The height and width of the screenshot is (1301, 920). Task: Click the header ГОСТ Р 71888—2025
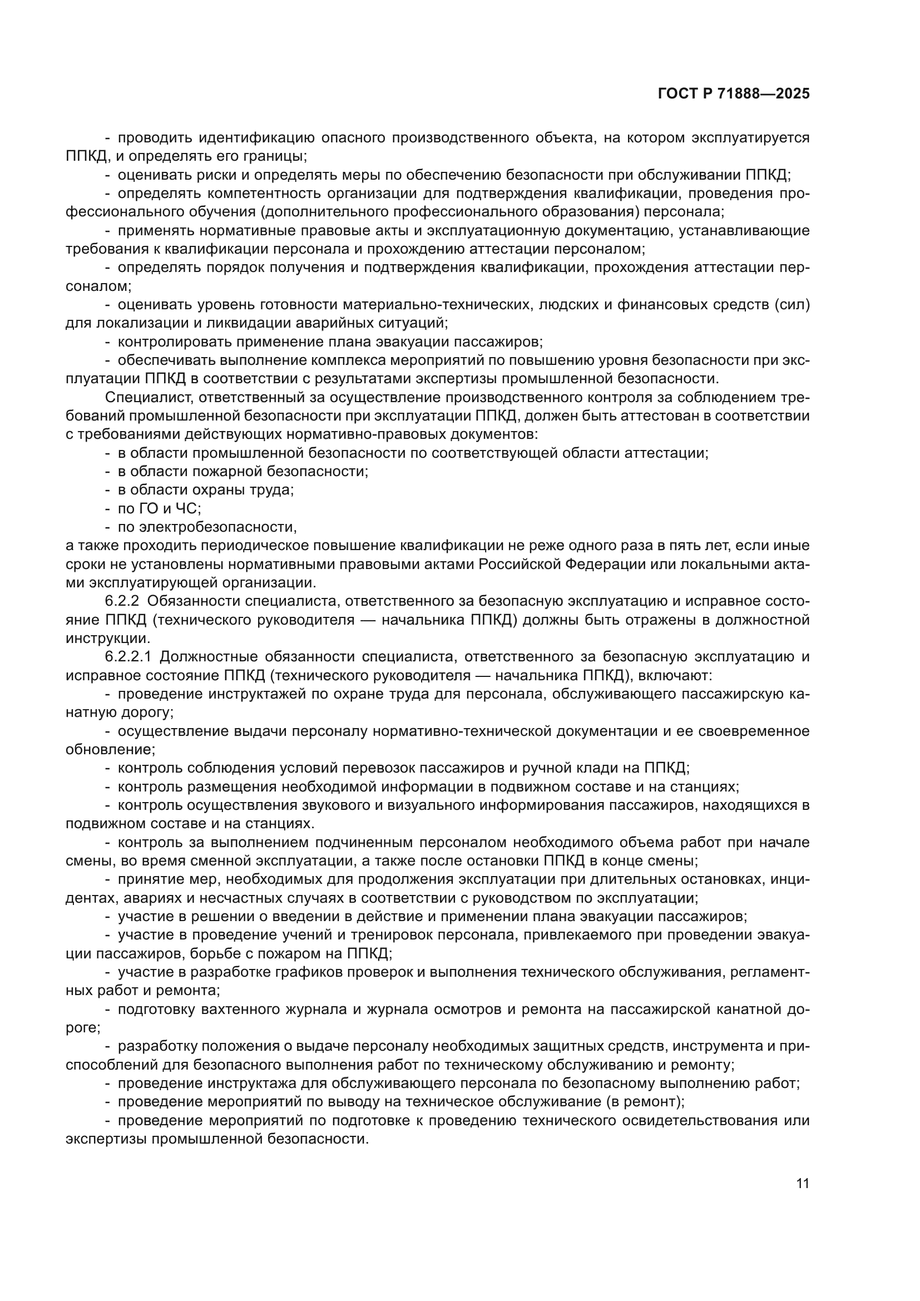734,94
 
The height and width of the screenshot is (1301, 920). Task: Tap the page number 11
802,1184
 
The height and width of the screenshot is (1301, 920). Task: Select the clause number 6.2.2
122,601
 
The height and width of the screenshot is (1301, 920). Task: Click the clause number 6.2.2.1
129,657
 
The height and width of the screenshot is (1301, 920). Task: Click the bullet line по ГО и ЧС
159,508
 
